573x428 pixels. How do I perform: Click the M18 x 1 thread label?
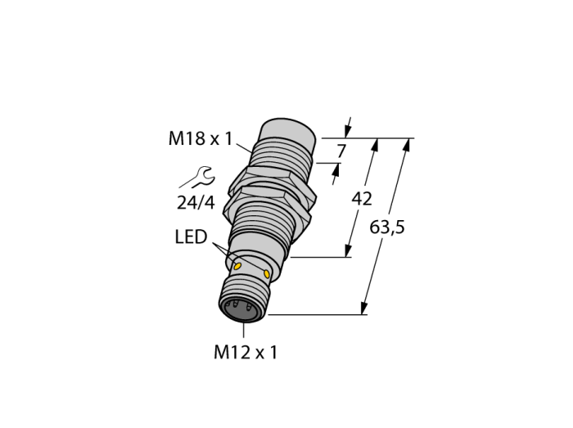[x=201, y=139]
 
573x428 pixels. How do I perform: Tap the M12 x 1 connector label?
[x=246, y=353]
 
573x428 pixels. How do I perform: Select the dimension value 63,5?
[x=387, y=228]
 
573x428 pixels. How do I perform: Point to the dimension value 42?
[x=362, y=199]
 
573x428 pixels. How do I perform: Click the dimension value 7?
[x=341, y=151]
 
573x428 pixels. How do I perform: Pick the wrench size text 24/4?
[x=196, y=203]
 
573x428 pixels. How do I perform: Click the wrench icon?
[x=197, y=177]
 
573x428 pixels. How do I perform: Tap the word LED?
[x=191, y=237]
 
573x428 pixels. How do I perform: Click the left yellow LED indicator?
[x=238, y=266]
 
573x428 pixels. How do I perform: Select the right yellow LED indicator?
[x=267, y=273]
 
